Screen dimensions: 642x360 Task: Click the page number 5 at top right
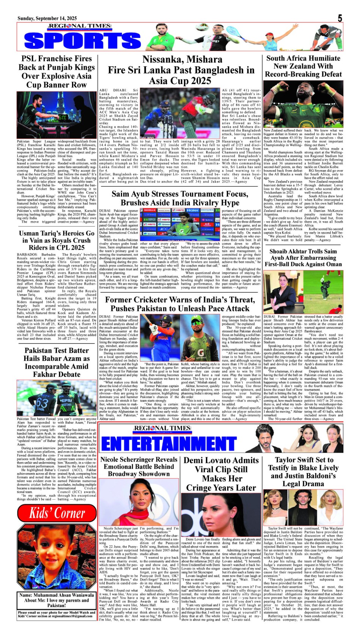340,18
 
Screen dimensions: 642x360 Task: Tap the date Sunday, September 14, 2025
47,19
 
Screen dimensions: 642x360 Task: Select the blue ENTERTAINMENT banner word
169,444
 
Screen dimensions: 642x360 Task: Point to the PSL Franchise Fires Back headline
56,72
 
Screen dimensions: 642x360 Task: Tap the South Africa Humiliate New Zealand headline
303,66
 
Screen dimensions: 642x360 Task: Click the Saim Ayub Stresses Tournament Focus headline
180,198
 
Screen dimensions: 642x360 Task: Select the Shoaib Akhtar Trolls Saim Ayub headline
303,258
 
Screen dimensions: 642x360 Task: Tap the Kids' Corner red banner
57,513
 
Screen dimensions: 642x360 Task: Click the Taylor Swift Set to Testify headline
303,472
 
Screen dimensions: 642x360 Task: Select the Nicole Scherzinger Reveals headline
139,467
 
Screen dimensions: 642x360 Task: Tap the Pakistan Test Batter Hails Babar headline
56,362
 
